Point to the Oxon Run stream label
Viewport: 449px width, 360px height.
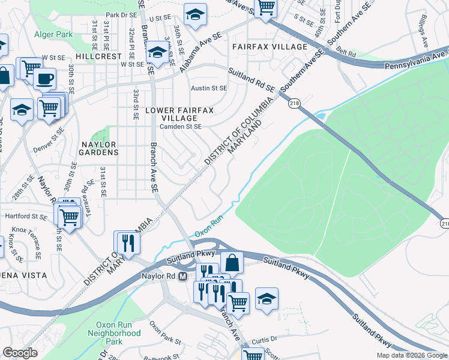click(210, 225)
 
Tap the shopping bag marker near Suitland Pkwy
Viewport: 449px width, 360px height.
click(232, 262)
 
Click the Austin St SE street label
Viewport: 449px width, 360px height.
click(209, 88)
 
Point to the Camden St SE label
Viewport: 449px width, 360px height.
click(181, 127)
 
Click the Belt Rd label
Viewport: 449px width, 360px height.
click(346, 53)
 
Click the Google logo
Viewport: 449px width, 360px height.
click(20, 353)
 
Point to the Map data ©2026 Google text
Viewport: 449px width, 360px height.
click(411, 355)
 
